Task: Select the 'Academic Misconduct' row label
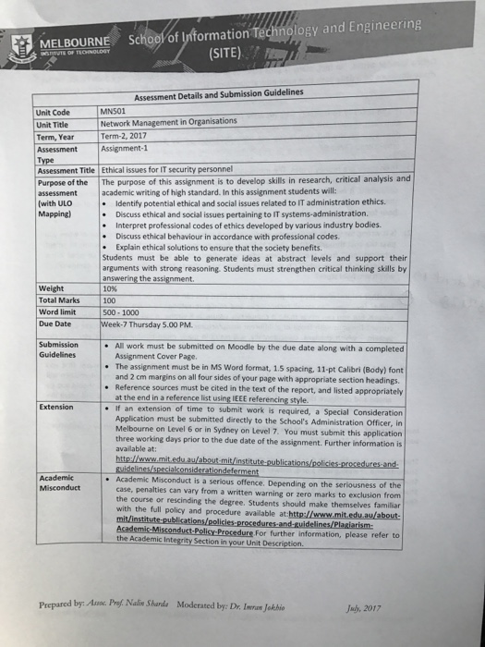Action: [60, 483]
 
